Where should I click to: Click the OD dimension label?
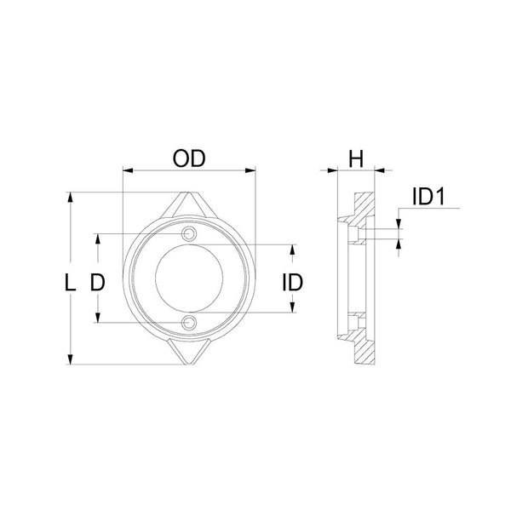[x=190, y=159]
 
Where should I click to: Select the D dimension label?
[x=98, y=283]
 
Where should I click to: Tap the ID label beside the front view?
[x=293, y=283]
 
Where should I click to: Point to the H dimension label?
[x=356, y=158]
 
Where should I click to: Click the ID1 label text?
[x=429, y=198]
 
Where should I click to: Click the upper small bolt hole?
[x=190, y=234]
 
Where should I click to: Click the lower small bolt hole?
[x=190, y=322]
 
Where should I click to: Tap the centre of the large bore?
[x=190, y=278]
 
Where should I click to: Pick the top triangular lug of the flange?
[x=190, y=204]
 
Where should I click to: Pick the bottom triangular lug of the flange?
[x=189, y=352]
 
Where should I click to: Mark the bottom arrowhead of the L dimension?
[x=70, y=361]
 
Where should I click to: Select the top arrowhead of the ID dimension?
[x=293, y=250]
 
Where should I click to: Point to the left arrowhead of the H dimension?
[x=333, y=170]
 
